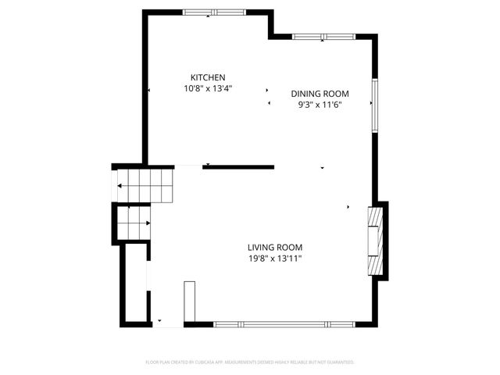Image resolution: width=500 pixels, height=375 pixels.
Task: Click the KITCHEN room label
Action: click(x=208, y=77)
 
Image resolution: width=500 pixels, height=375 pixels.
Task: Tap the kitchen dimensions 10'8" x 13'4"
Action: click(x=208, y=89)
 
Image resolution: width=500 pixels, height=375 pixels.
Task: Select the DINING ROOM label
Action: click(x=320, y=93)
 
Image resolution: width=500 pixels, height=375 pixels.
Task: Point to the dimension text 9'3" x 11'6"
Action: click(x=320, y=105)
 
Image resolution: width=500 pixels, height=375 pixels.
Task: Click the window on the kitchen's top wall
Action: click(x=212, y=12)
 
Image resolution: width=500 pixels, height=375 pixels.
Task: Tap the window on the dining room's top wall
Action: click(x=323, y=36)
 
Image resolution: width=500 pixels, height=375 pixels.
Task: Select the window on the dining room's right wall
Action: click(x=374, y=105)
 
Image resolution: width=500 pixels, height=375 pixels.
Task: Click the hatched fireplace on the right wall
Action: click(x=377, y=240)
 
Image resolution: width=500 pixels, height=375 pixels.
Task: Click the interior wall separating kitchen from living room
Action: click(x=238, y=166)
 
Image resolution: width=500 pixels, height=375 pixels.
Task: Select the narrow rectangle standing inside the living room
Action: click(x=188, y=300)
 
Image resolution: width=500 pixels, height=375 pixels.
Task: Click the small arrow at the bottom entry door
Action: click(x=160, y=320)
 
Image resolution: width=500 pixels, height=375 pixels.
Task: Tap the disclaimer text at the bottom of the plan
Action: click(x=250, y=362)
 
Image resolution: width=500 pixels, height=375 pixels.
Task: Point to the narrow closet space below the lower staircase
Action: click(x=133, y=281)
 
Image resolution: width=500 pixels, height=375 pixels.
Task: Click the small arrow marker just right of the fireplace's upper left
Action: click(x=348, y=207)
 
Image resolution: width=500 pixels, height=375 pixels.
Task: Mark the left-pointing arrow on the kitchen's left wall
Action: click(x=148, y=91)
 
